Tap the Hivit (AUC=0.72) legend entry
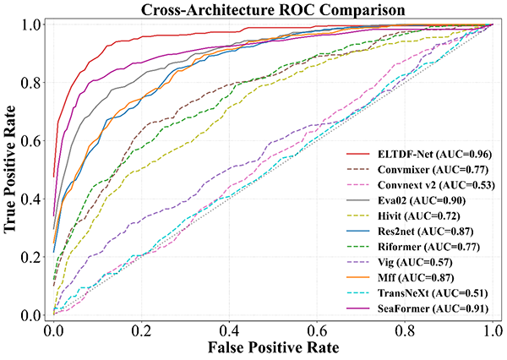point(421,217)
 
